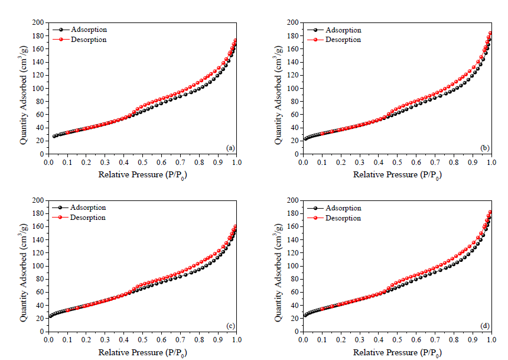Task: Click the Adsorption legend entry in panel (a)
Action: click(89, 30)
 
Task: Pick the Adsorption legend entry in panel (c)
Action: click(89, 207)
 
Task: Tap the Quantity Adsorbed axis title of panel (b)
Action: click(279, 89)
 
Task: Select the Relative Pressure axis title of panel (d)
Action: click(397, 353)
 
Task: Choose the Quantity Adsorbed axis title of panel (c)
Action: click(24, 266)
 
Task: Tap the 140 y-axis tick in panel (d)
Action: click(294, 240)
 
